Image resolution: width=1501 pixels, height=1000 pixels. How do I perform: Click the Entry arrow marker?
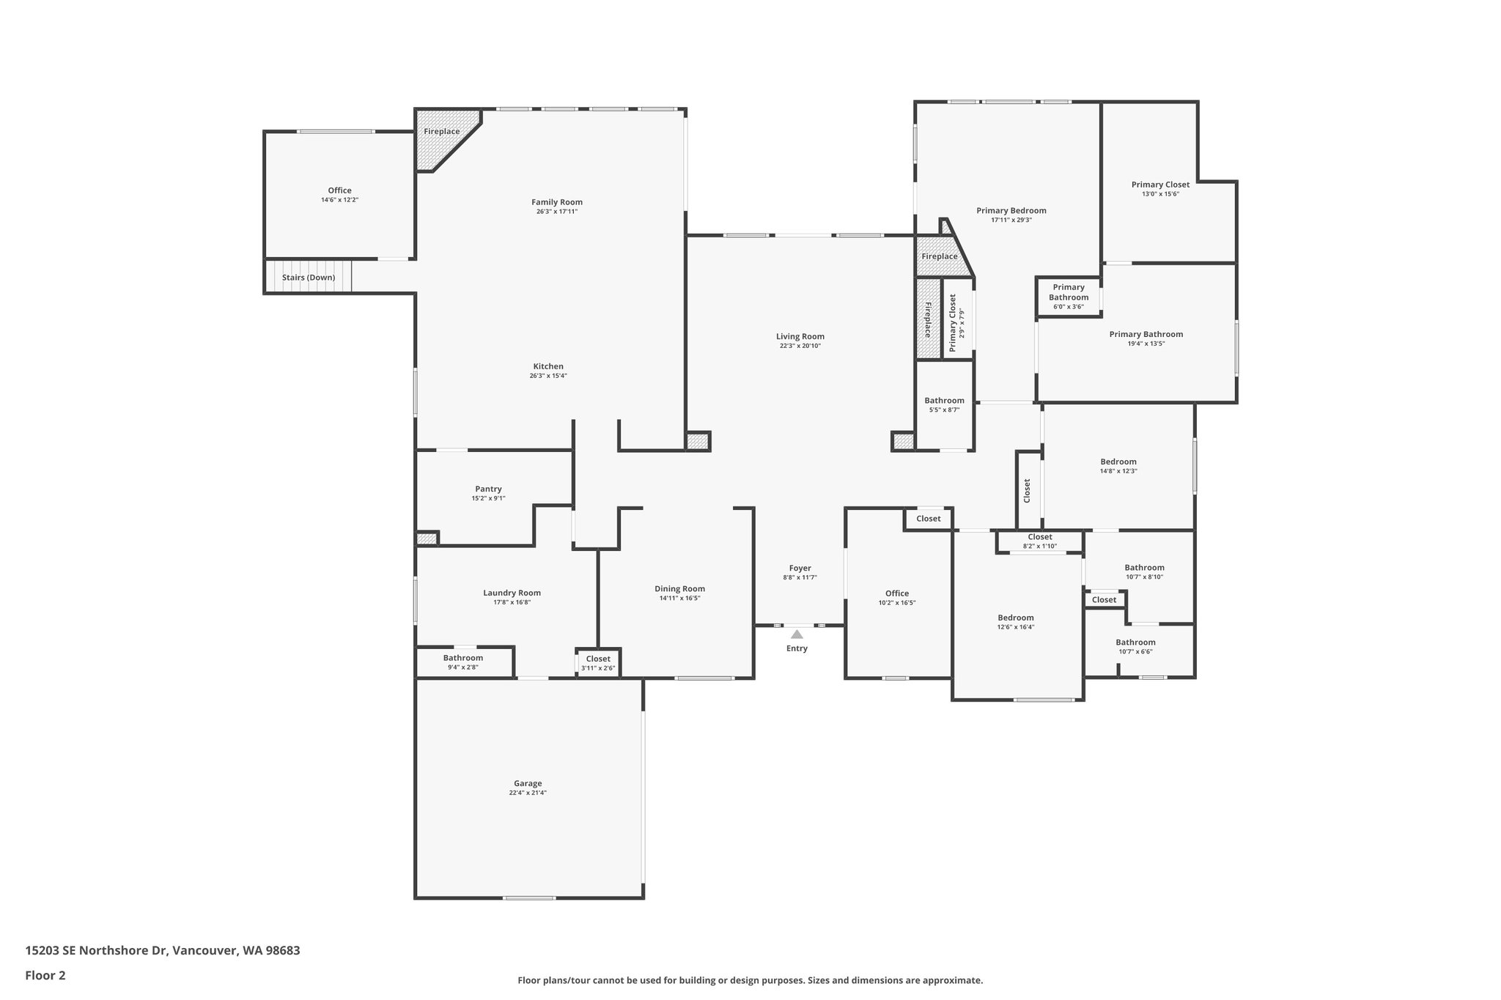pos(797,634)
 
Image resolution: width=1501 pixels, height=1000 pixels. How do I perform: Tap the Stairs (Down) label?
pos(309,278)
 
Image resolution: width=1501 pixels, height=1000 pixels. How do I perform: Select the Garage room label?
pos(528,783)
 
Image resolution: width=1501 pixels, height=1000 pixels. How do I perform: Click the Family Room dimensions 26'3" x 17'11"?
pos(557,212)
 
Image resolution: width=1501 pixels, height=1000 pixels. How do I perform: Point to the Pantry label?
pos(488,489)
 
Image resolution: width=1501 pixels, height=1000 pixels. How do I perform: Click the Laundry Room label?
pos(512,593)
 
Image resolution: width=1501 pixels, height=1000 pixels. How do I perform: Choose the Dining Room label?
pos(679,588)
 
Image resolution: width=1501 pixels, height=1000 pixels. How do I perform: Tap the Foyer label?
pos(800,568)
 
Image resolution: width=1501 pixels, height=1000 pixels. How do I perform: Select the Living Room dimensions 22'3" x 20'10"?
pos(800,346)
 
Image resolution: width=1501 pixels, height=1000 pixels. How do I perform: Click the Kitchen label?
pos(548,366)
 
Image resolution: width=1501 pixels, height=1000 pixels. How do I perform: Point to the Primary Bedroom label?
pos(1011,210)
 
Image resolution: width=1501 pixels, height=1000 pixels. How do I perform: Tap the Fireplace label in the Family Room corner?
pos(442,132)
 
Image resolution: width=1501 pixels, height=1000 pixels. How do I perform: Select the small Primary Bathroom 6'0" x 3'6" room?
pos(1069,297)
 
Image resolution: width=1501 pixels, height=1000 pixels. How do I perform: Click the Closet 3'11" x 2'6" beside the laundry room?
pos(598,663)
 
